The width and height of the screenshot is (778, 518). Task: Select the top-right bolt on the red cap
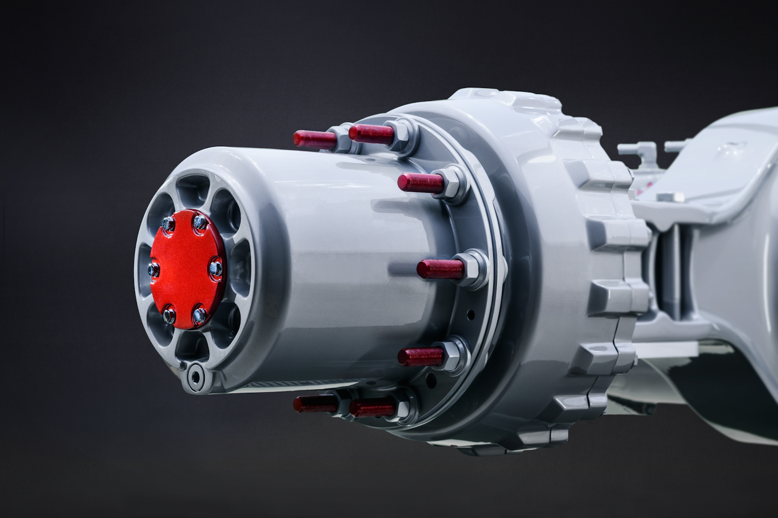[x=200, y=221]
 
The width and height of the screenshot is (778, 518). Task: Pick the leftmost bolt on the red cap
[x=153, y=268]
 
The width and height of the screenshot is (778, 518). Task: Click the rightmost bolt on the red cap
[x=216, y=265]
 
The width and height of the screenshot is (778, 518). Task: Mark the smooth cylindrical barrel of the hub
[x=346, y=259]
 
